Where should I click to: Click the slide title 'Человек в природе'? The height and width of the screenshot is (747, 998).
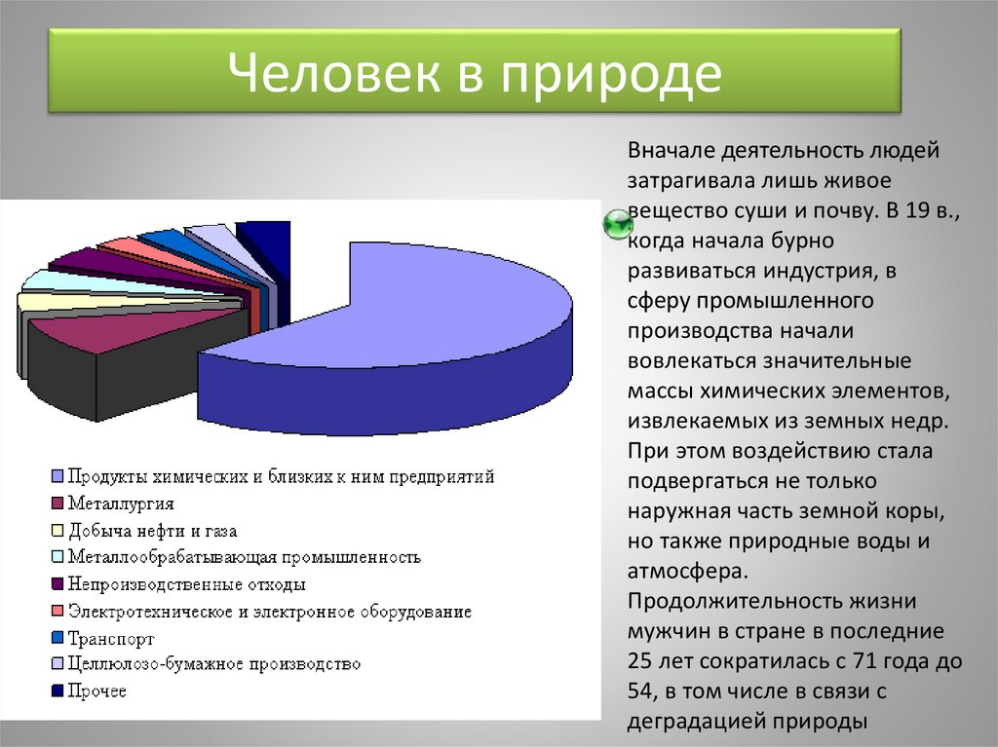[x=475, y=74]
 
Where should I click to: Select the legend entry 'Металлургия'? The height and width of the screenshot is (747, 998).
[x=121, y=504]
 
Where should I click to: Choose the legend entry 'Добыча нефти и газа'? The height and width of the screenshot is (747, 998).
[x=152, y=531]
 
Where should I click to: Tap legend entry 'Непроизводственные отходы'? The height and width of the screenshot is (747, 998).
[x=186, y=584]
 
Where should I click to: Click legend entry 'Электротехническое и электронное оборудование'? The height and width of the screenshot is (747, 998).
[x=269, y=612]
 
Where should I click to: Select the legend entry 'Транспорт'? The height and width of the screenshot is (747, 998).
[x=111, y=639]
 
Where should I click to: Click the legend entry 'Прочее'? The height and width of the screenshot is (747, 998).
[x=97, y=691]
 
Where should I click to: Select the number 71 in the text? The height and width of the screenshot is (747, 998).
[x=859, y=660]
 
